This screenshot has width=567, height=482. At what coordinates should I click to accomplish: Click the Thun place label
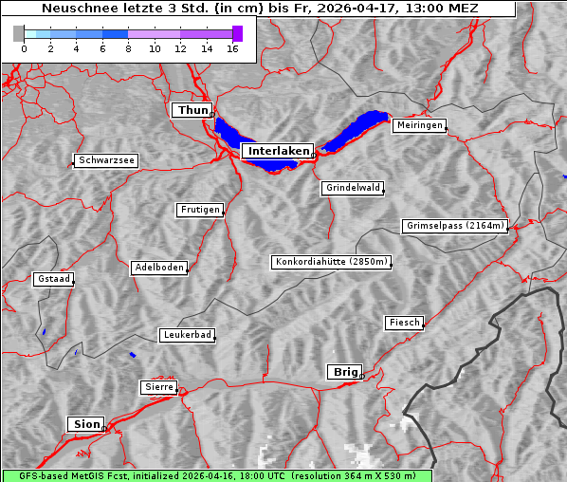point(192,111)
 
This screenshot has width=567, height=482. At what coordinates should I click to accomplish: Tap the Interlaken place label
point(278,151)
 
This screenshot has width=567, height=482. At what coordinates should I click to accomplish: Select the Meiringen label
point(419,125)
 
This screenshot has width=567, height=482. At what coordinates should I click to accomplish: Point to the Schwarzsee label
point(106,160)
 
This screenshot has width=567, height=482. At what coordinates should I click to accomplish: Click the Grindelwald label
point(353,188)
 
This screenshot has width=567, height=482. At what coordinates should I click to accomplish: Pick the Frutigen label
point(199,210)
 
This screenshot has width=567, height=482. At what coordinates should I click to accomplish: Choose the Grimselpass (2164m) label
point(455,226)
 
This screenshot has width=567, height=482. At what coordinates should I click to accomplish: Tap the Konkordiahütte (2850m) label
point(332,262)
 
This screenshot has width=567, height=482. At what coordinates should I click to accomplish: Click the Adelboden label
point(158,268)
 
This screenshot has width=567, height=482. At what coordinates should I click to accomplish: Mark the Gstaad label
point(53,279)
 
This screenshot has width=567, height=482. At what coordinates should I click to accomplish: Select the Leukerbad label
point(187,335)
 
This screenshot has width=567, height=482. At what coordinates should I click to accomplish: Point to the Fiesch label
point(404,323)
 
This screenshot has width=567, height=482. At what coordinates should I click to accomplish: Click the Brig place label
point(343,372)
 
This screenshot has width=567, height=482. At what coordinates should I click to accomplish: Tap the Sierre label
point(158,387)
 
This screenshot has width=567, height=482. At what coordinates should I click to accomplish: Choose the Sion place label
point(84,424)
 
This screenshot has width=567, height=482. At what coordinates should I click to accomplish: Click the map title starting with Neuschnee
point(260,9)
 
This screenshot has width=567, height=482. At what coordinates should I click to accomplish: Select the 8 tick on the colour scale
point(128,48)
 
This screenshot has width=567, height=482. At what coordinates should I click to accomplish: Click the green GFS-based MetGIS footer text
point(216,475)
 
